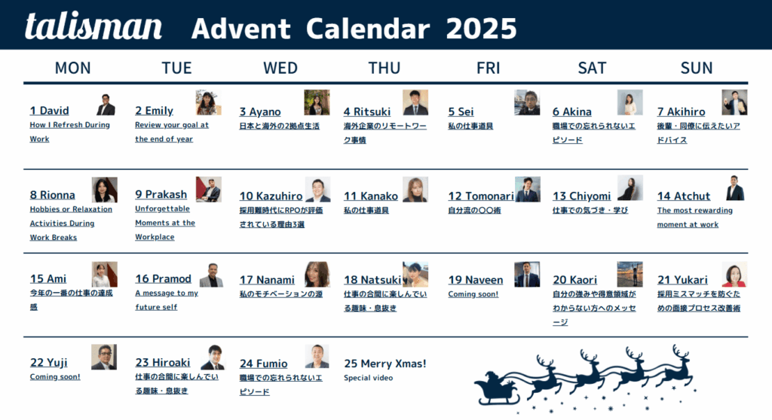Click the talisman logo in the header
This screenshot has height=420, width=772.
93,26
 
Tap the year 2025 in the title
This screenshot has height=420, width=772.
481,29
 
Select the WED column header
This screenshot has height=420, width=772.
280,68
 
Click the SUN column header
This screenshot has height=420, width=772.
696,68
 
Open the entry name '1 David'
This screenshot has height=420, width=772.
49,111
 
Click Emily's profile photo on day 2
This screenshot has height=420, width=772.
208,102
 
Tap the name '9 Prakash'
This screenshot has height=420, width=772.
161,194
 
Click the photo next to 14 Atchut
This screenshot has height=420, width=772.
734,188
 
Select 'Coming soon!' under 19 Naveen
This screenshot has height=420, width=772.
473,294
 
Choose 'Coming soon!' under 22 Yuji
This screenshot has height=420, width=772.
55,376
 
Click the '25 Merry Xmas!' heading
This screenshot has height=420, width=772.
384,364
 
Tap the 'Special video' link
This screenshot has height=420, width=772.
368,378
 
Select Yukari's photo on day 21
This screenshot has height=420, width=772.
734,275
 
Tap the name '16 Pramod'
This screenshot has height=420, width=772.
163,278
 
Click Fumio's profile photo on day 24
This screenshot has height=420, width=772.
317,356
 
